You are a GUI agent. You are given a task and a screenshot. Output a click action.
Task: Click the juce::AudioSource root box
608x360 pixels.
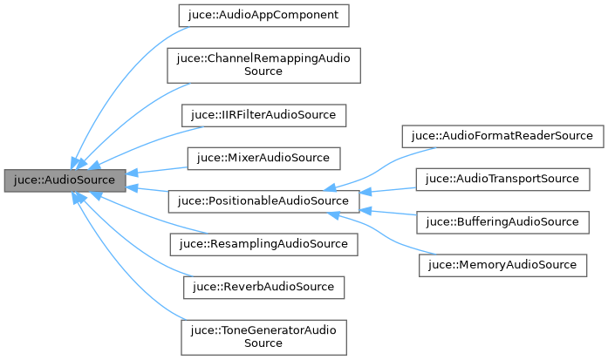[65, 180]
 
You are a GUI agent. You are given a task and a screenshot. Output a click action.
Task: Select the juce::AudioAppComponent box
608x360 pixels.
[263, 15]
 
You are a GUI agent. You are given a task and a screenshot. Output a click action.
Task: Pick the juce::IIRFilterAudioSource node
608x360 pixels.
[263, 115]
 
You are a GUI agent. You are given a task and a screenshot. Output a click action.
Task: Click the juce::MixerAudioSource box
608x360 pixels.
[263, 158]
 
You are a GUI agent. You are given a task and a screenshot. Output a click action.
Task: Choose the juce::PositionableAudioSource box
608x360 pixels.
[263, 201]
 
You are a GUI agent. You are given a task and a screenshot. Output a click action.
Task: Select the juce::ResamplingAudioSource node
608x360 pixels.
[263, 244]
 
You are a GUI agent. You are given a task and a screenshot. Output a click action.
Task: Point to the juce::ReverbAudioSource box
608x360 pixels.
[263, 287]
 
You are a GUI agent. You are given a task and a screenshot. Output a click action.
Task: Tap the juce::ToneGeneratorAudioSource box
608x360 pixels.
[263, 336]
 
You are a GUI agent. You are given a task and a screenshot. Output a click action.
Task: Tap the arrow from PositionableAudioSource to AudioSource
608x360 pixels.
[148, 191]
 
